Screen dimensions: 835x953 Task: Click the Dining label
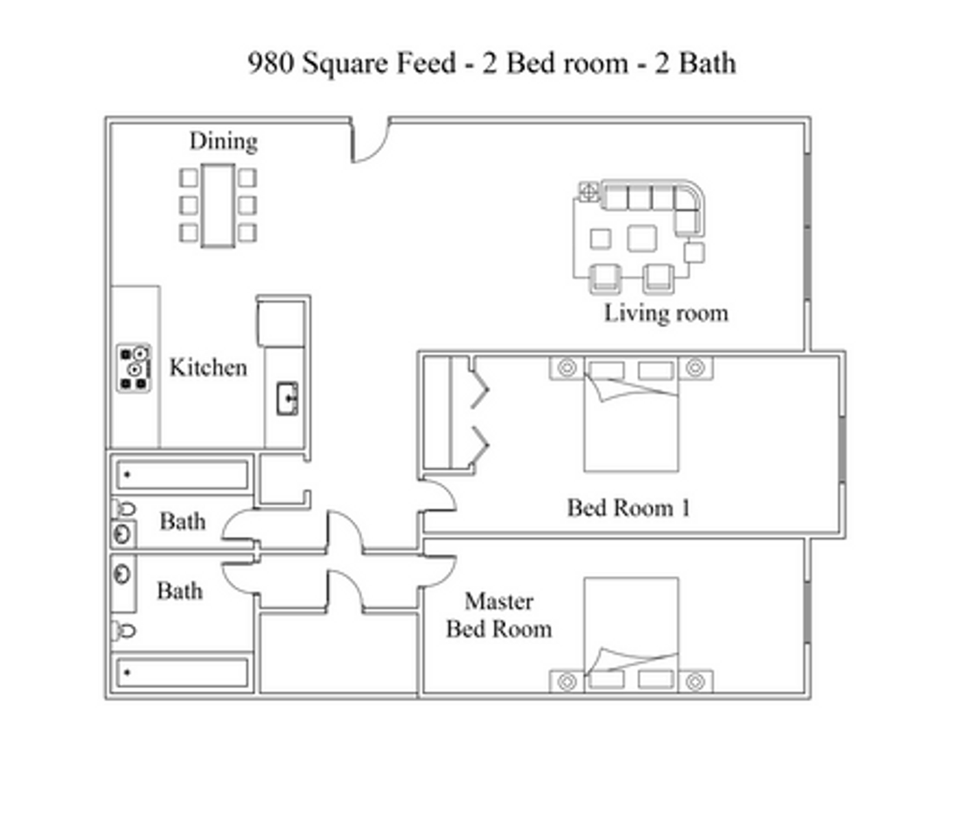pyautogui.click(x=224, y=141)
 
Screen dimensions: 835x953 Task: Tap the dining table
pyautogui.click(x=218, y=205)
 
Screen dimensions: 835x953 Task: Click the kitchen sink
pyautogui.click(x=288, y=399)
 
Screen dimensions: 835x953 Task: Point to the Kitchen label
pyautogui.click(x=208, y=367)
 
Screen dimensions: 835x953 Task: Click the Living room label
pyautogui.click(x=666, y=312)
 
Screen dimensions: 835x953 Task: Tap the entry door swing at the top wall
pyautogui.click(x=369, y=144)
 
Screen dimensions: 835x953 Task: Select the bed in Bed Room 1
pyautogui.click(x=631, y=417)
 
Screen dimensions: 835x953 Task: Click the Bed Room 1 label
pyautogui.click(x=628, y=507)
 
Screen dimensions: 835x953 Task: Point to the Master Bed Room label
pyautogui.click(x=499, y=614)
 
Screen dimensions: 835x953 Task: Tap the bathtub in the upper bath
pyautogui.click(x=182, y=475)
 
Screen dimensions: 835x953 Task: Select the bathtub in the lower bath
pyautogui.click(x=182, y=672)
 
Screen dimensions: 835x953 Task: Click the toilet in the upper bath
pyautogui.click(x=126, y=508)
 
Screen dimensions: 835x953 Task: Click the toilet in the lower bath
pyautogui.click(x=126, y=630)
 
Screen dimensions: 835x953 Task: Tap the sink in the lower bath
pyautogui.click(x=123, y=574)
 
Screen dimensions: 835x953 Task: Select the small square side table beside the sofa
pyautogui.click(x=694, y=253)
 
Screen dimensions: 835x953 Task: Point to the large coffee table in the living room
pyautogui.click(x=642, y=237)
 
